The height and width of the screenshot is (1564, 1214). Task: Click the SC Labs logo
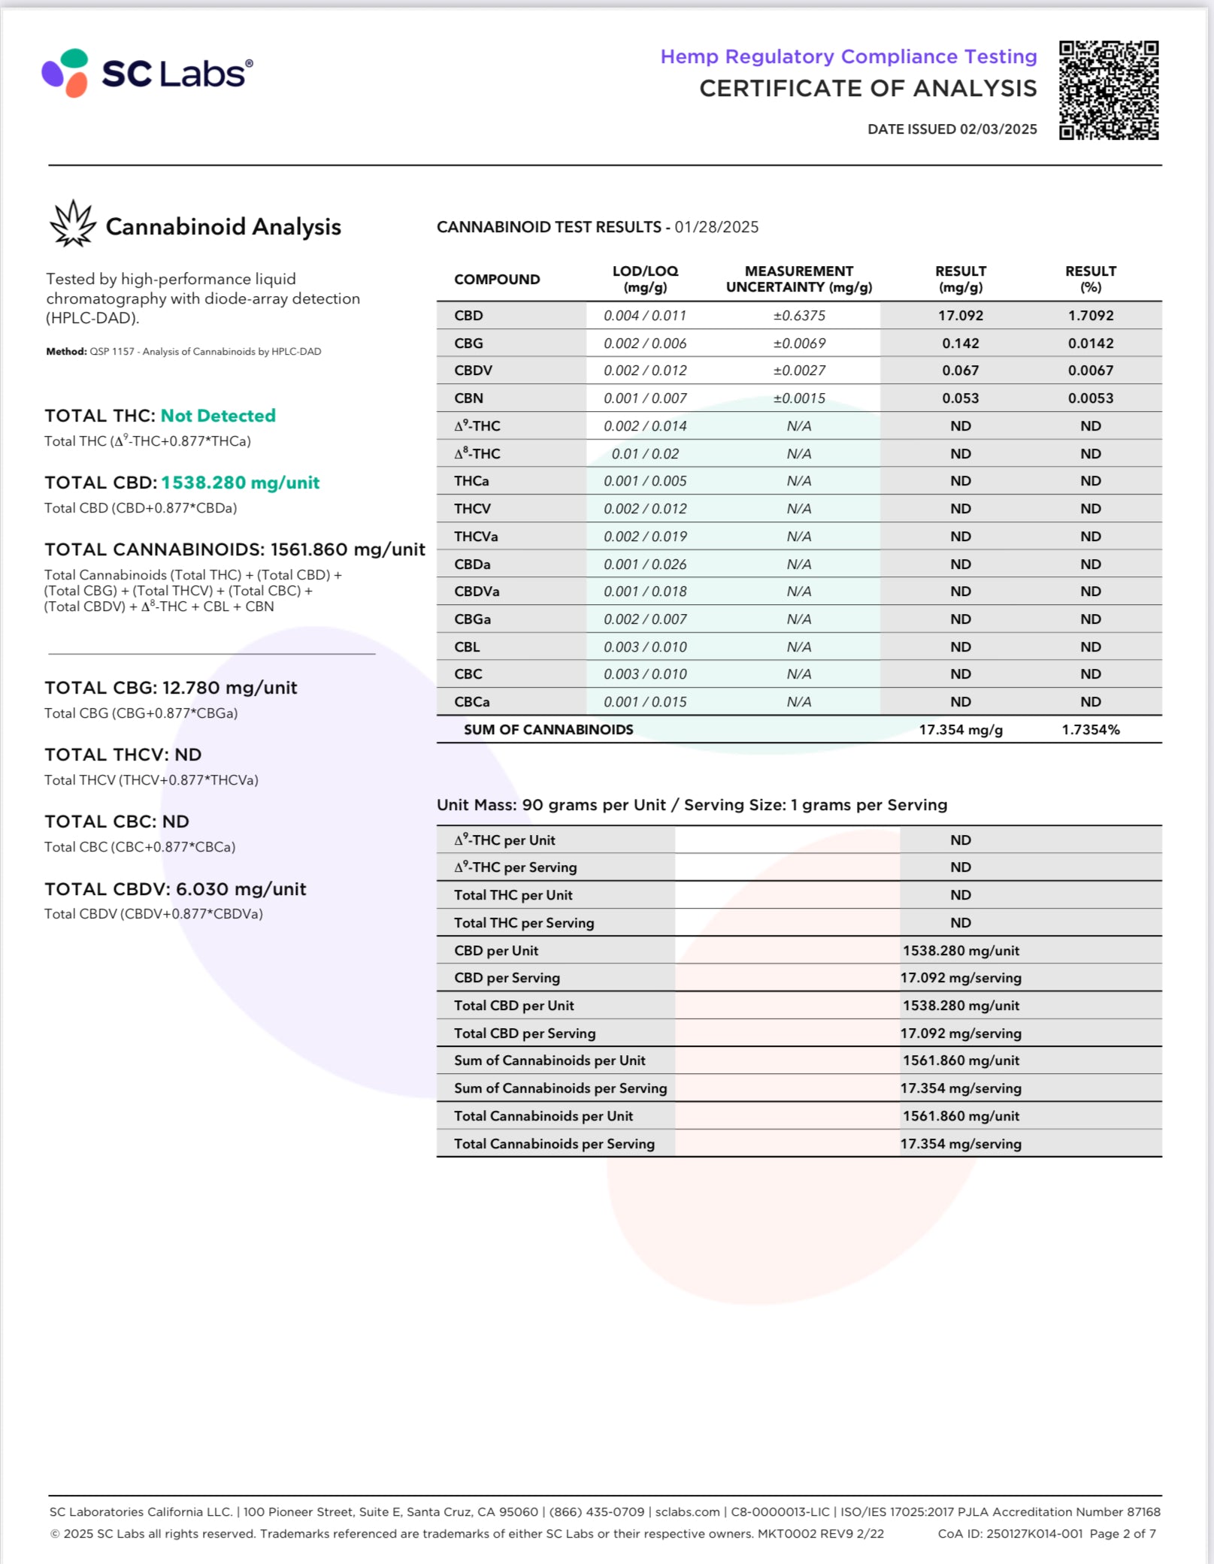click(147, 73)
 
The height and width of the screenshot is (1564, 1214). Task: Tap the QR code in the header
click(1108, 90)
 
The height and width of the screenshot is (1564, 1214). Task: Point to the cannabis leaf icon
click(73, 224)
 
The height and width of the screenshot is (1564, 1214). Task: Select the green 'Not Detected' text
click(218, 416)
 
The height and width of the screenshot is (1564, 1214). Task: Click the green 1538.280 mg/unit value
click(240, 483)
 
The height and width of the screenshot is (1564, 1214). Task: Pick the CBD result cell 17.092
click(960, 316)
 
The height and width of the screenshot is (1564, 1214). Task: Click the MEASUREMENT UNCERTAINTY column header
click(798, 279)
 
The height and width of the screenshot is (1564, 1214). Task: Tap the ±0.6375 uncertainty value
click(798, 316)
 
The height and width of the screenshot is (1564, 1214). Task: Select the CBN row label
click(468, 398)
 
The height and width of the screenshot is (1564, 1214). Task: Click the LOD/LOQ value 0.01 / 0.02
click(645, 454)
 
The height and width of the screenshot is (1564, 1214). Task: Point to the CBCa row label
click(471, 702)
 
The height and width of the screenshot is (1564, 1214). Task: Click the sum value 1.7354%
click(1090, 730)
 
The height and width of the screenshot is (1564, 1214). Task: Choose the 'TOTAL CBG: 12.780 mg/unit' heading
click(171, 688)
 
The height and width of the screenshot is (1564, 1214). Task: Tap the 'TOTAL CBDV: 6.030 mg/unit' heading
click(175, 889)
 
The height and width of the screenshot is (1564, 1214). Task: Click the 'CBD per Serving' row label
click(507, 978)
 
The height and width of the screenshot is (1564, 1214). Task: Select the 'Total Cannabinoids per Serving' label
click(554, 1144)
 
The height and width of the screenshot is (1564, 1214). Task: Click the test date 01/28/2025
click(716, 227)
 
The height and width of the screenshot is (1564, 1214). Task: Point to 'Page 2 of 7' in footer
click(1122, 1533)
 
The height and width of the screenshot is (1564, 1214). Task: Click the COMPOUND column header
click(497, 280)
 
